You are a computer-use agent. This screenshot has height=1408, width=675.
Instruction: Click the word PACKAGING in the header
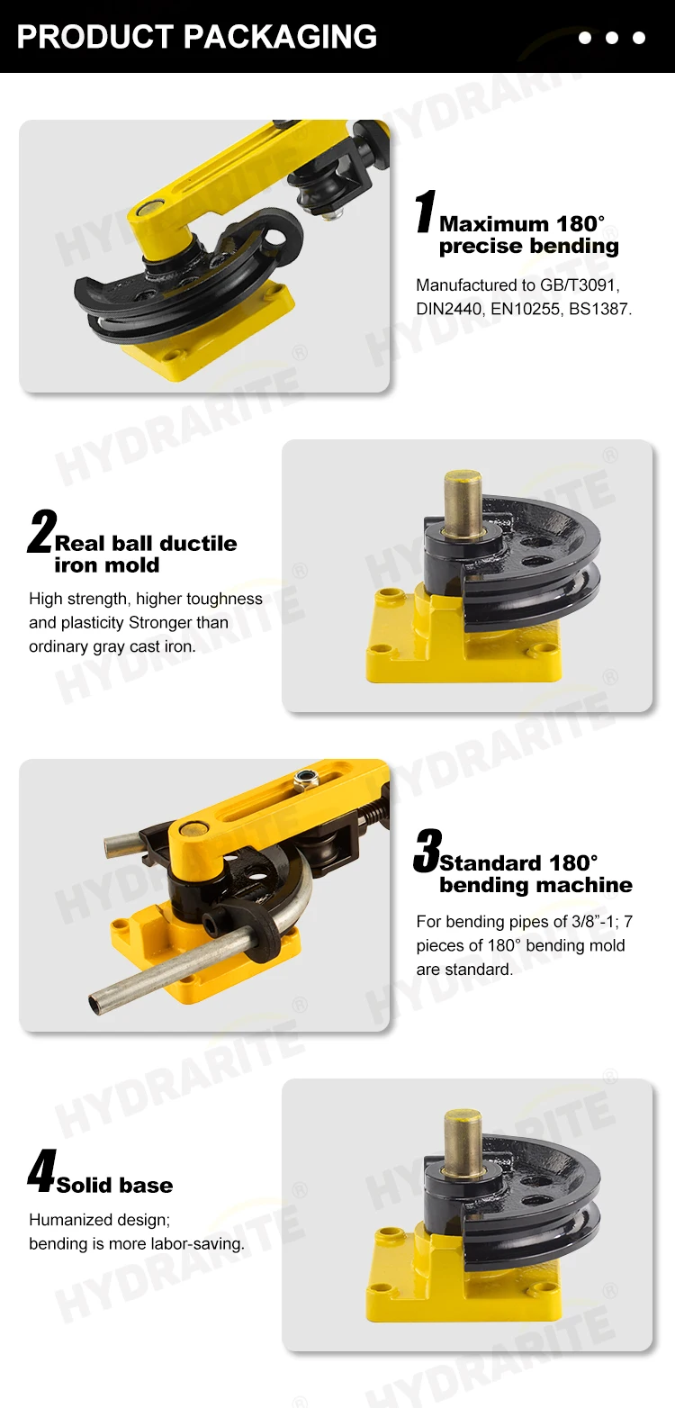pyautogui.click(x=281, y=36)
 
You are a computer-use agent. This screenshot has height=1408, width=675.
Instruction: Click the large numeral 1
pyautogui.click(x=424, y=213)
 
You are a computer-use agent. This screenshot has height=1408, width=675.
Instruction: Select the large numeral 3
pyautogui.click(x=427, y=852)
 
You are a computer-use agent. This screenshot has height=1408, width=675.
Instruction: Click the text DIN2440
pyautogui.click(x=447, y=309)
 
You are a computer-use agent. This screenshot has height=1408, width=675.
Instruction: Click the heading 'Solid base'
pyautogui.click(x=114, y=1185)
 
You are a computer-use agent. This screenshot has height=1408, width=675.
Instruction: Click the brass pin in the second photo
pyautogui.click(x=463, y=503)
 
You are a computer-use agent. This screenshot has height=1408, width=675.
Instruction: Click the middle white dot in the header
pyautogui.click(x=612, y=38)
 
